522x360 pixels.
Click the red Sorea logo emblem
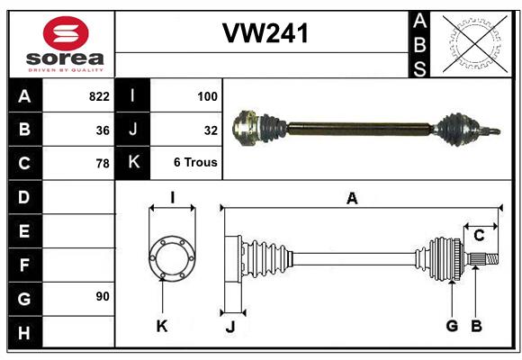pos(66,34)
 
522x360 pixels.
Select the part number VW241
pos(265,34)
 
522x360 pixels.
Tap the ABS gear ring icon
pos(474,44)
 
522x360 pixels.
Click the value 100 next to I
pos(207,96)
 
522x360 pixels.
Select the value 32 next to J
pos(211,130)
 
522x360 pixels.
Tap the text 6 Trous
pos(195,164)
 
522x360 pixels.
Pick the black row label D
pos(24,197)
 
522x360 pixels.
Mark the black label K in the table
pos(133,164)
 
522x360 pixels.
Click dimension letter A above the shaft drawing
pos(352,199)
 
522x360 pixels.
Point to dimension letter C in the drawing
pos(479,236)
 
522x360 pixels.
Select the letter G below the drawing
pos(452,326)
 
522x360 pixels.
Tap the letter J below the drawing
pos(229,327)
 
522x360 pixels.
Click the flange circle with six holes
pos(171,259)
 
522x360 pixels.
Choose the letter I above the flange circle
pos(171,197)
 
